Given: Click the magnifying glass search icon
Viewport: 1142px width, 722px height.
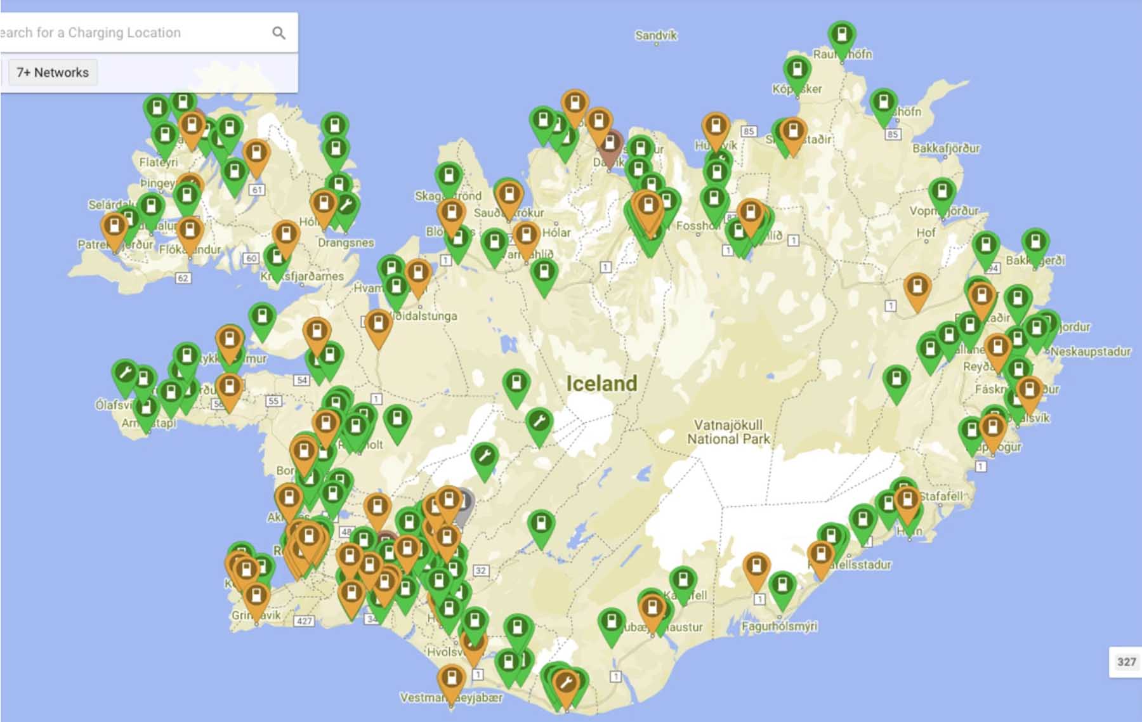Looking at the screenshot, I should pyautogui.click(x=279, y=33).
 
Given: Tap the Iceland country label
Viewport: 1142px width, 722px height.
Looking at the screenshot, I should pyautogui.click(x=601, y=383).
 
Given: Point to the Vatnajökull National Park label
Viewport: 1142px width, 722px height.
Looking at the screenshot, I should pyautogui.click(x=728, y=431).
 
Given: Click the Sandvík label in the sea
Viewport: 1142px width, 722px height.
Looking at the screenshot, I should pyautogui.click(x=656, y=36).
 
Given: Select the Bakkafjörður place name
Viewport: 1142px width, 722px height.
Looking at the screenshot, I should pyautogui.click(x=946, y=148).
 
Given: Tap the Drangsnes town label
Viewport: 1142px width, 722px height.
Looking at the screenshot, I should pyautogui.click(x=346, y=242).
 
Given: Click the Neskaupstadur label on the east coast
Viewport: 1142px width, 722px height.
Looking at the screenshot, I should pyautogui.click(x=1090, y=351).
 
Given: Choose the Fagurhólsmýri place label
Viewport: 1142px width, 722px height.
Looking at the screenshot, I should pyautogui.click(x=779, y=626).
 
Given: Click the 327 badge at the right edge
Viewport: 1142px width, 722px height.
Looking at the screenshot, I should pyautogui.click(x=1126, y=662).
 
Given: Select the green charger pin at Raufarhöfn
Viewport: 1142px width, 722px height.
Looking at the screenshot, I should pyautogui.click(x=842, y=37).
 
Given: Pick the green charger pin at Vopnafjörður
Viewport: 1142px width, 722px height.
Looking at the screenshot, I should pyautogui.click(x=942, y=194).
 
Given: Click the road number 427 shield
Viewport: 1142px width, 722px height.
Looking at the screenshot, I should pyautogui.click(x=304, y=620).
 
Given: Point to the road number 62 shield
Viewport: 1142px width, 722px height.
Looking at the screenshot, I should pyautogui.click(x=183, y=278).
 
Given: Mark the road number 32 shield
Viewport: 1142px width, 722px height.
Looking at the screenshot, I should pyautogui.click(x=481, y=570).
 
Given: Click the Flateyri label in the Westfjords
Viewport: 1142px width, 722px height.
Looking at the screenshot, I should pyautogui.click(x=158, y=162).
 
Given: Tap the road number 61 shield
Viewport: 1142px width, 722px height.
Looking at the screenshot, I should pyautogui.click(x=257, y=190).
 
